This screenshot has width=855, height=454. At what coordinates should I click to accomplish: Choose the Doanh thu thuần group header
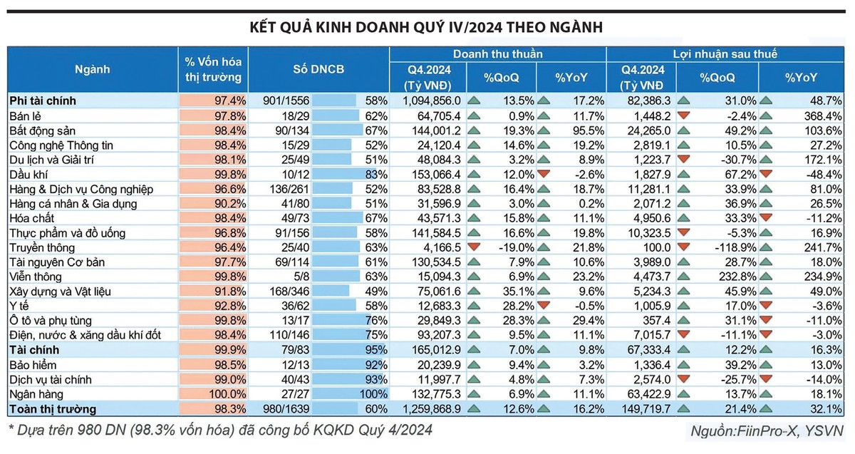point(497,54)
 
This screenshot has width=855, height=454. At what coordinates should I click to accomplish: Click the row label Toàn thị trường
point(52,409)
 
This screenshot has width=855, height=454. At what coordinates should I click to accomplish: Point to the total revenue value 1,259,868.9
point(431,409)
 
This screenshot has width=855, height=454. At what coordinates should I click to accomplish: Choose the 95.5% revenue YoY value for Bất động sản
point(587,130)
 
